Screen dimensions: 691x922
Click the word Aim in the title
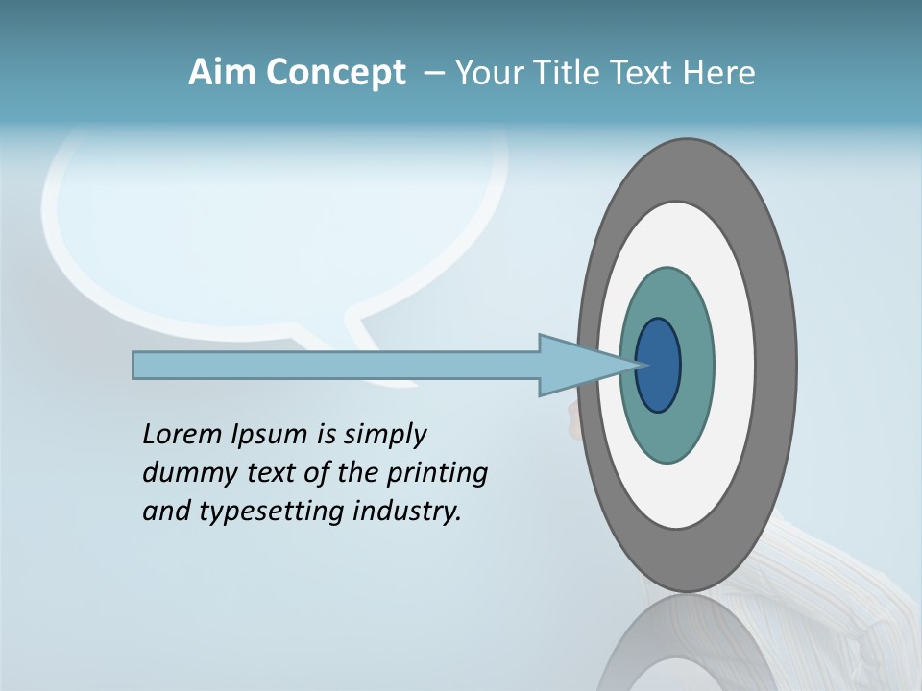224,72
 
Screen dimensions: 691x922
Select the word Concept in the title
337,73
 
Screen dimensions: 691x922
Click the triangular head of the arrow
576,366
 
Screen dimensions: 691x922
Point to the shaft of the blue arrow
336,366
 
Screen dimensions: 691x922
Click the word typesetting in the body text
272,512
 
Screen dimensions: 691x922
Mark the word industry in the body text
406,511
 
